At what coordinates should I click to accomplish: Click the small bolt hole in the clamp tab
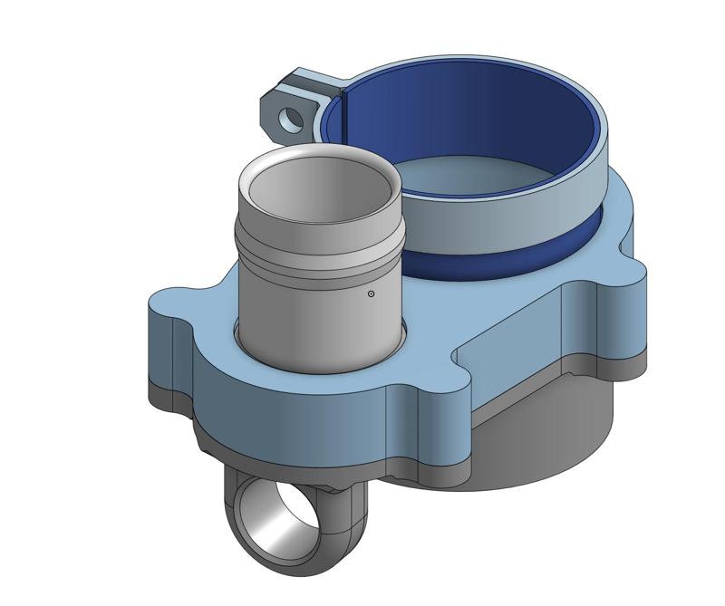(291, 118)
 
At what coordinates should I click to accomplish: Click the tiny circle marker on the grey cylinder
(371, 293)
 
